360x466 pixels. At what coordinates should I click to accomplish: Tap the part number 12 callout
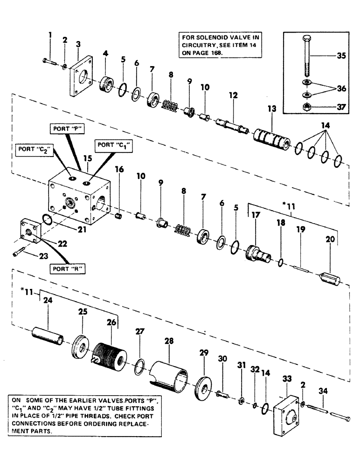tap(233, 95)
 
